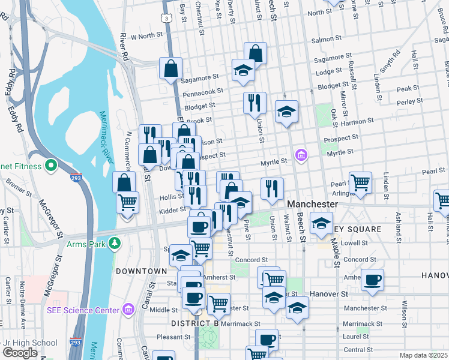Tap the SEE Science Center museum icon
click(128, 310)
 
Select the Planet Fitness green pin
click(51, 165)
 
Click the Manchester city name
click(312, 205)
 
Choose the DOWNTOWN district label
click(141, 271)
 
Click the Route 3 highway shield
click(169, 19)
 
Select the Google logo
click(20, 353)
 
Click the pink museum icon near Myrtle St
click(301, 156)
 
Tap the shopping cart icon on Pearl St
click(360, 181)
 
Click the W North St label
click(143, 36)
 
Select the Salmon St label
click(327, 39)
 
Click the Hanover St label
click(329, 295)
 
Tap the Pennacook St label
click(203, 92)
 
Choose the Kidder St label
click(173, 211)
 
